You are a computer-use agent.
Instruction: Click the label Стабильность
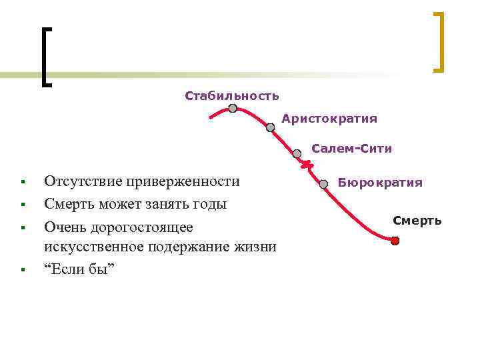pos(232,96)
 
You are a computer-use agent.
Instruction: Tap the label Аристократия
pos(329,119)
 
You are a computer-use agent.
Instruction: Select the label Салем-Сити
pos(352,149)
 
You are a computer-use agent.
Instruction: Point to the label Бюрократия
pos(380,183)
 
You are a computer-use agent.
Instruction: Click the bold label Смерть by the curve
pos(417,220)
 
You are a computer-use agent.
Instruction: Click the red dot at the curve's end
pos(395,241)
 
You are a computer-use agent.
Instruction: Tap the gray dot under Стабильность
pos(233,109)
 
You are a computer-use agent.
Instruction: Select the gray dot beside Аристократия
pos(270,127)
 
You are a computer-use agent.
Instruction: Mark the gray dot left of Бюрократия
pos(323,183)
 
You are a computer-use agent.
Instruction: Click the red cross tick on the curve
pos(306,165)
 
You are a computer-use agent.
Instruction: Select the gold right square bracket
pos(438,41)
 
